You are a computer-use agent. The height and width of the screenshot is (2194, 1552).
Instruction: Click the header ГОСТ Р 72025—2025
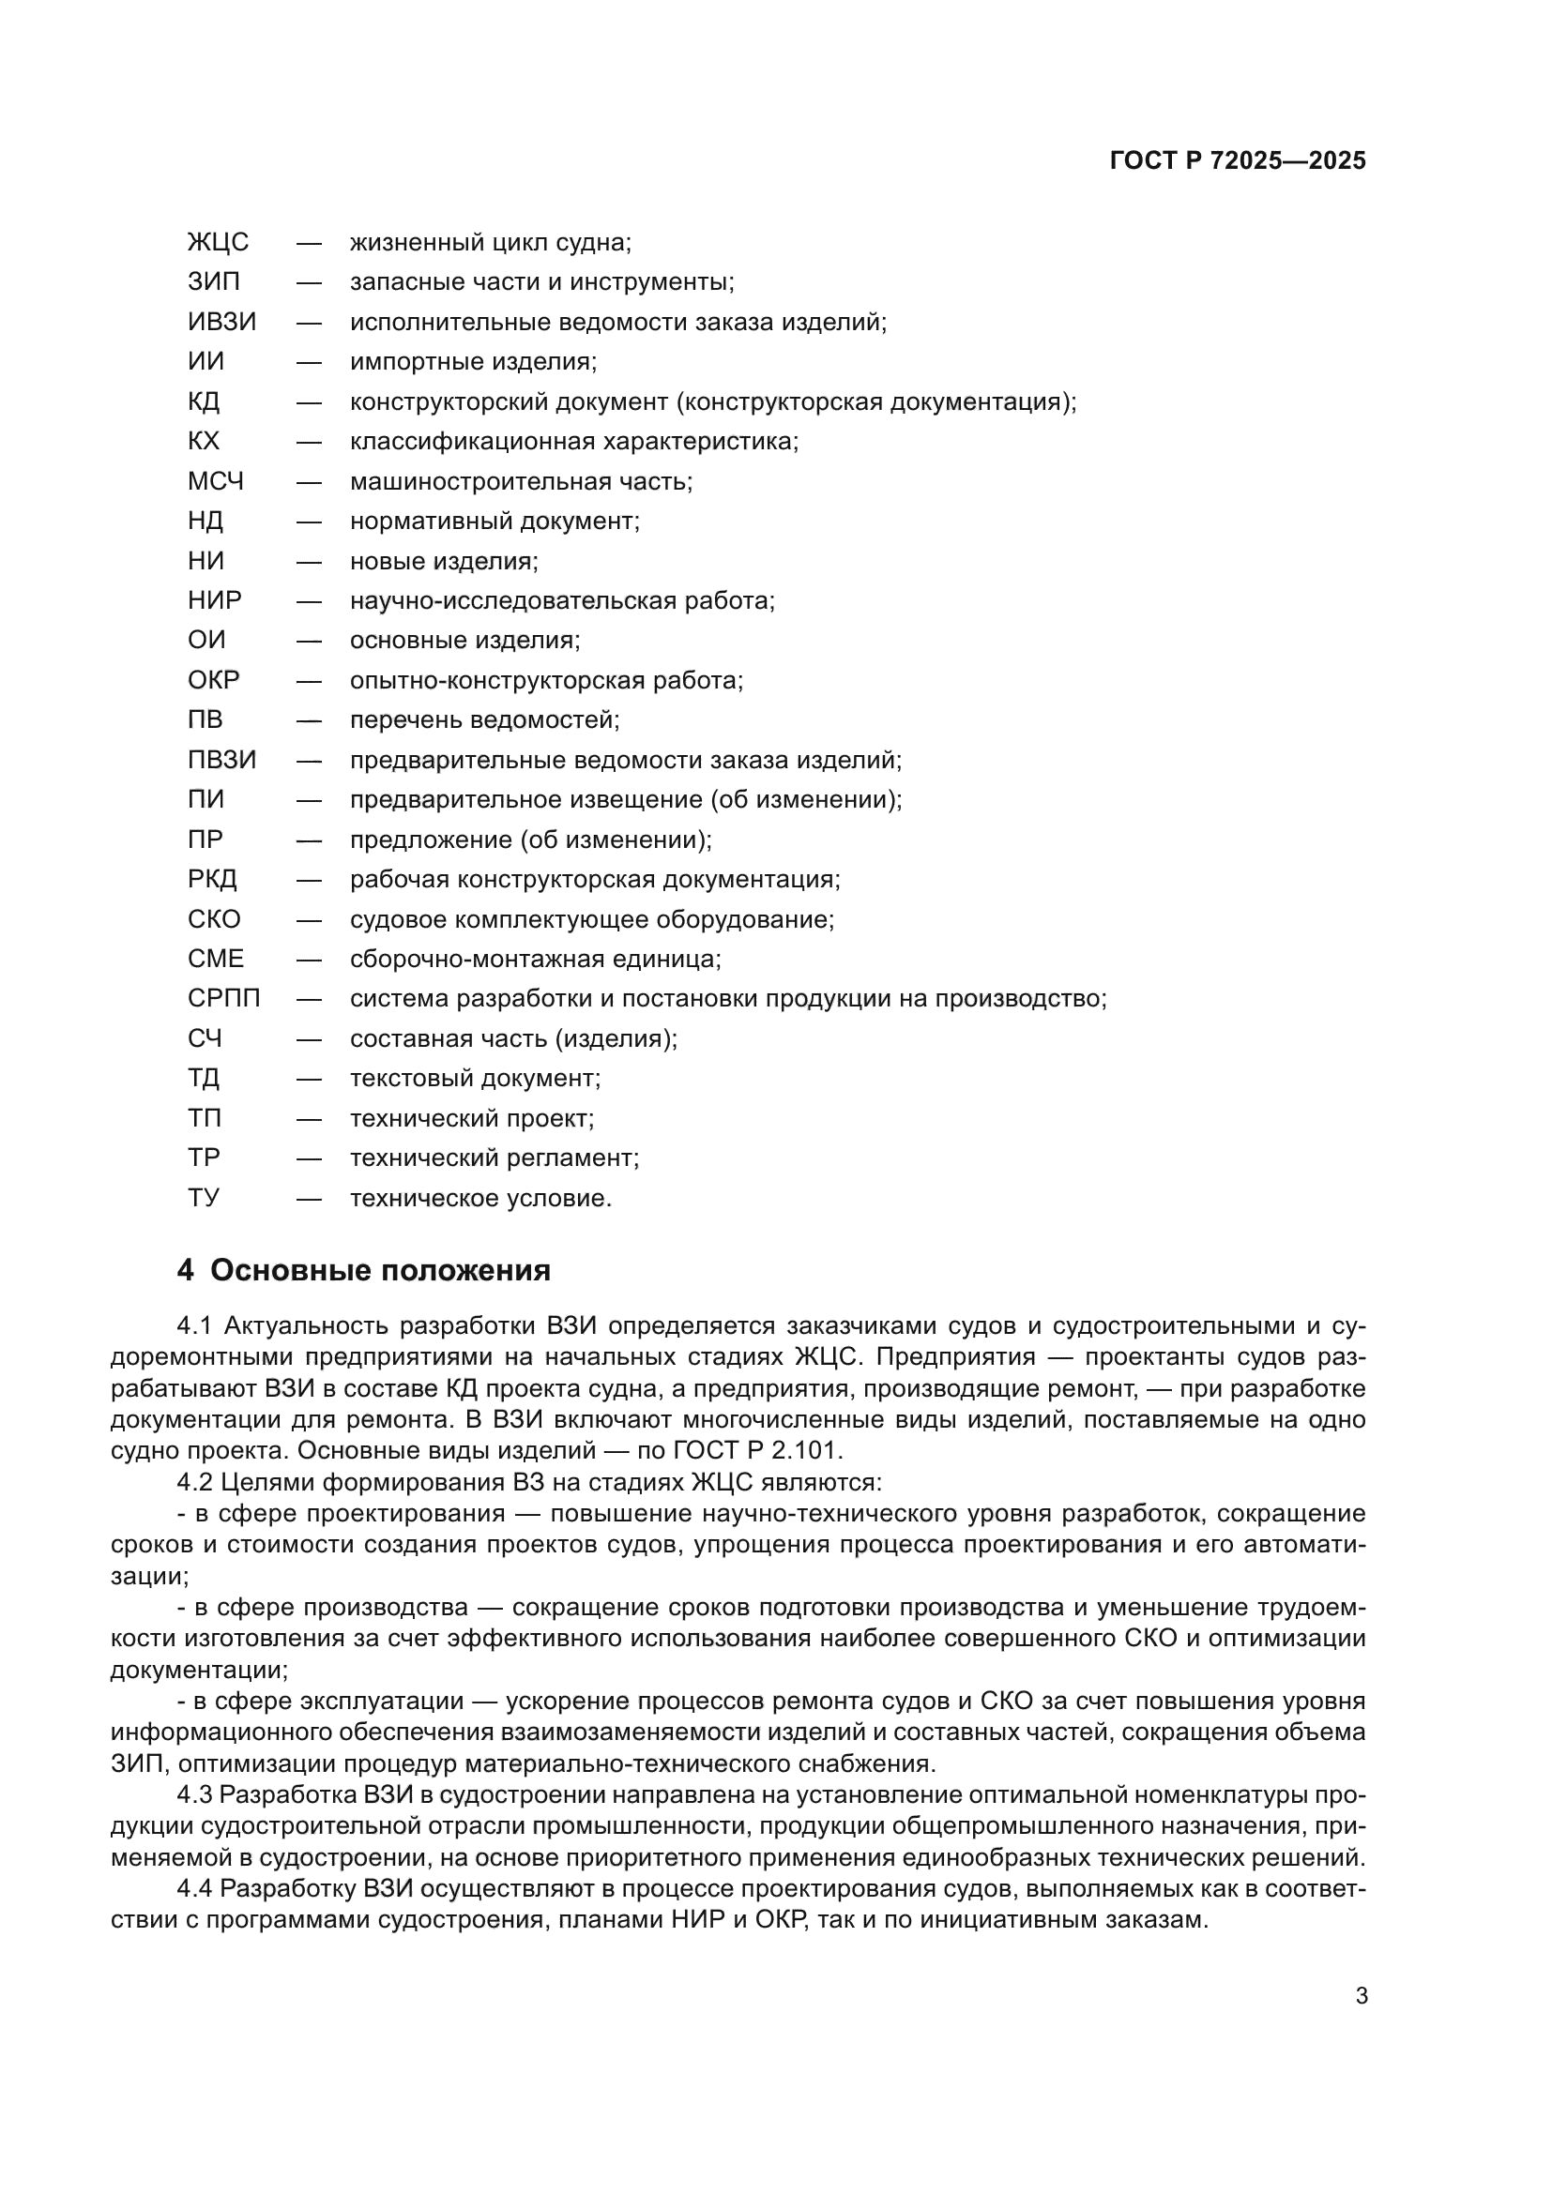point(1237,160)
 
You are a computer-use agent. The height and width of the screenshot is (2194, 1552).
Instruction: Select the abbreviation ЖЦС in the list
point(218,243)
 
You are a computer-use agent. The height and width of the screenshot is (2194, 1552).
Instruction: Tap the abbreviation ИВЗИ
point(221,322)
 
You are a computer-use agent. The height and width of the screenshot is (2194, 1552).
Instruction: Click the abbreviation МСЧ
point(216,481)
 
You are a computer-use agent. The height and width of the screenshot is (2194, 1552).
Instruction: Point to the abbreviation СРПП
point(223,1000)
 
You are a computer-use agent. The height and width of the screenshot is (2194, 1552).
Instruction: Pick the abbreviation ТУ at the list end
point(204,1198)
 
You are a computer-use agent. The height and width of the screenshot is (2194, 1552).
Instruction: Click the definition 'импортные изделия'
point(473,362)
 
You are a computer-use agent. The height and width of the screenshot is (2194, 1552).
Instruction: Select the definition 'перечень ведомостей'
point(484,720)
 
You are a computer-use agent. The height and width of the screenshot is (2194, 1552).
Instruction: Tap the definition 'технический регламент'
point(495,1158)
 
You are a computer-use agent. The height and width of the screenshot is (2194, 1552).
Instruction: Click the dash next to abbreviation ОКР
point(309,681)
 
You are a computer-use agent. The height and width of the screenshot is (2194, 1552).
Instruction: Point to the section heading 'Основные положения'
point(380,1271)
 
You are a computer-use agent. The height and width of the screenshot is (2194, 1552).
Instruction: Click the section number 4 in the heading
point(186,1271)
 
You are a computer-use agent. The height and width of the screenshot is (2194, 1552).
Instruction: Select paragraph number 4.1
point(194,1326)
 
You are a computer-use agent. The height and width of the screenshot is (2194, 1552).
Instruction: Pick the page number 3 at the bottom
point(1362,1996)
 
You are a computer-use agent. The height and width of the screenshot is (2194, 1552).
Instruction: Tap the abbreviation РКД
point(212,880)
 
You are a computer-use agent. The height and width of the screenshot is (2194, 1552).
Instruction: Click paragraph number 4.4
point(195,1889)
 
